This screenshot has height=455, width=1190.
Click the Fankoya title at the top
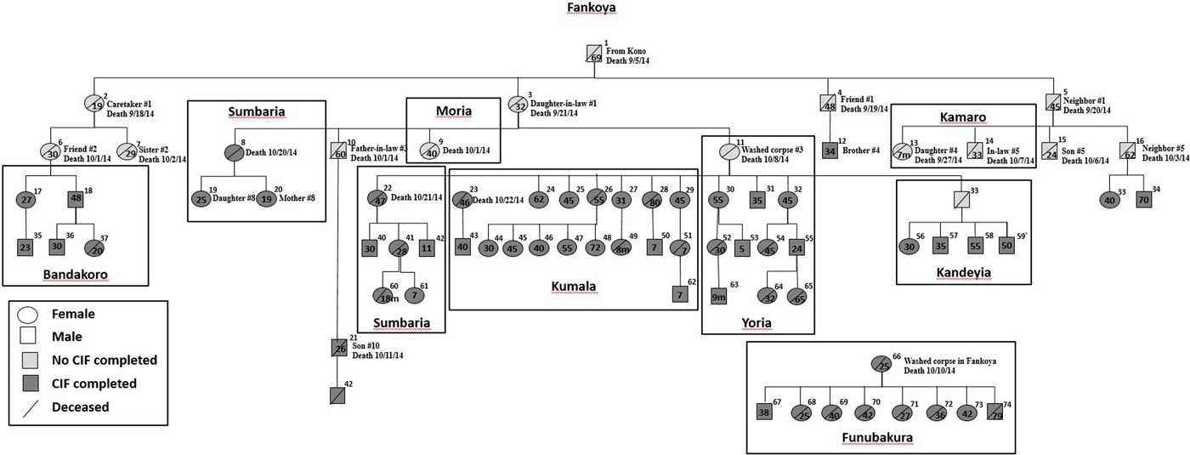point(592,9)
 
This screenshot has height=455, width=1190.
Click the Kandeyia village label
point(964,272)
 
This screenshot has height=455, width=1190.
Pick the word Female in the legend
point(75,314)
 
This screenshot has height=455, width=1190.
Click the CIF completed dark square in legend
point(28,383)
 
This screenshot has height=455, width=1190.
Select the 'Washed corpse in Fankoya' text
point(949,360)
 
